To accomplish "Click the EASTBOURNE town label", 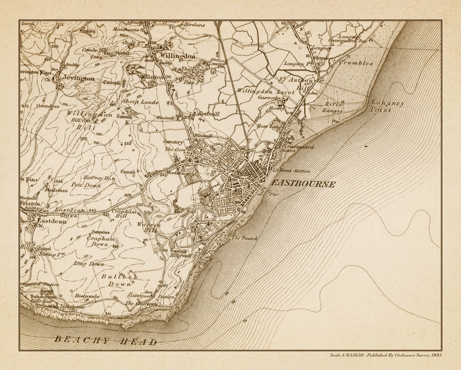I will [x=302, y=184].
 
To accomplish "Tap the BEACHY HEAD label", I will [x=106, y=341].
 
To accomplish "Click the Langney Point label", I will [x=387, y=106].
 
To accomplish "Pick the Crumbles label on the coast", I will [x=355, y=62].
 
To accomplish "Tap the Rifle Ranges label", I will [x=334, y=107].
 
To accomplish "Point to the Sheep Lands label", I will [x=140, y=101].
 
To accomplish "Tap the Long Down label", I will [x=88, y=264].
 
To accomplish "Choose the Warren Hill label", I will [x=147, y=227].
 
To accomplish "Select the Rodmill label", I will [x=208, y=116].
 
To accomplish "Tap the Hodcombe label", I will [x=87, y=296].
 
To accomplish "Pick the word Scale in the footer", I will [x=335, y=355].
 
